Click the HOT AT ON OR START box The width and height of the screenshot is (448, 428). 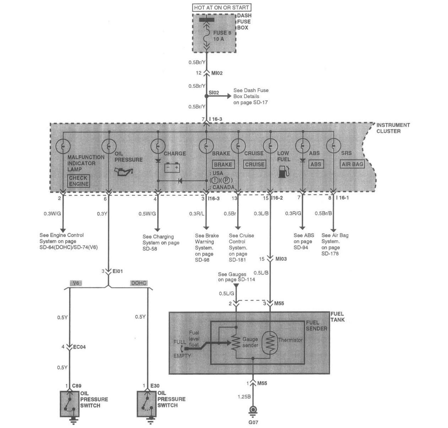(222, 7)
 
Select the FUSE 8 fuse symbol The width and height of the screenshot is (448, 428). (206, 36)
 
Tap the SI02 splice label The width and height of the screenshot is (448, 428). (214, 93)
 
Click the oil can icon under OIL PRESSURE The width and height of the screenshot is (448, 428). (124, 172)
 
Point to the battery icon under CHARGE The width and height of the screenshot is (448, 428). (172, 167)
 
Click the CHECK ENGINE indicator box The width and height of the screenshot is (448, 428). (78, 181)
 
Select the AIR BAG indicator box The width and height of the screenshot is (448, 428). (352, 164)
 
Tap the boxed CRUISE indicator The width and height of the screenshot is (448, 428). (255, 164)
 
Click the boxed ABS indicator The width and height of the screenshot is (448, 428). (315, 164)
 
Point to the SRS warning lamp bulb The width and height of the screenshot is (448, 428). (333, 146)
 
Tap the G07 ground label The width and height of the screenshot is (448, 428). (253, 423)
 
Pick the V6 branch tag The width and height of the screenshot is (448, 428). (76, 283)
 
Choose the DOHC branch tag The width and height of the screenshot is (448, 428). (138, 283)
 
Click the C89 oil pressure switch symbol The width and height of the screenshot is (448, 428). (69, 404)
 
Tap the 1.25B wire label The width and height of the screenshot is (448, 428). (244, 397)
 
